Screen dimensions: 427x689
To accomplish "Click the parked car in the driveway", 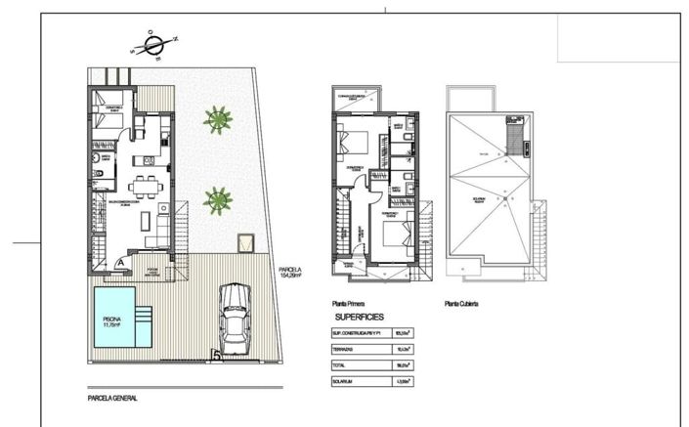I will click(234, 317).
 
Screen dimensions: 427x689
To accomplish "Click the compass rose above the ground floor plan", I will click(152, 44).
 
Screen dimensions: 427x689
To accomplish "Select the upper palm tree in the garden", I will click(218, 119).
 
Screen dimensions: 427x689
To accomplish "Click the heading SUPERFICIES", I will click(360, 318).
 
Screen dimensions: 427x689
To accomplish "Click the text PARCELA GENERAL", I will click(111, 399).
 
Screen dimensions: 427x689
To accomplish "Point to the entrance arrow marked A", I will click(119, 262).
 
